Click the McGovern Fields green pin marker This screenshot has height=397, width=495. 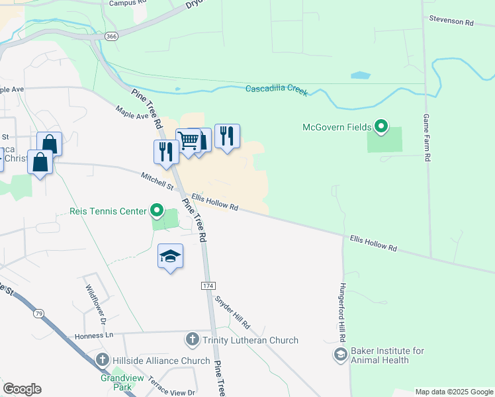(x=381, y=126)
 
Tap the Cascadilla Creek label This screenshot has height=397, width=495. (x=277, y=89)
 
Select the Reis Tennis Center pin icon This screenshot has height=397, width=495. (x=157, y=210)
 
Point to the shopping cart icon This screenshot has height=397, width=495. (x=189, y=141)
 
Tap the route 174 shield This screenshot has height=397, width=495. (x=208, y=285)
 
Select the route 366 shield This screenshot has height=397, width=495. (x=111, y=37)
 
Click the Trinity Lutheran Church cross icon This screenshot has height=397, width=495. (x=192, y=340)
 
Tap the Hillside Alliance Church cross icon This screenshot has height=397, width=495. (x=102, y=360)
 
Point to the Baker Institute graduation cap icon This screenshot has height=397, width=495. (x=340, y=355)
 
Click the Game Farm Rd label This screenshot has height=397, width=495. (x=427, y=138)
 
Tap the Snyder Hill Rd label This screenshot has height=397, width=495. (x=232, y=312)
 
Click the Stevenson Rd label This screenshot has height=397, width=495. (x=451, y=22)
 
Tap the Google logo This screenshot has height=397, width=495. (x=22, y=389)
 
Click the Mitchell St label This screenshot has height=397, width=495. (x=157, y=181)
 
